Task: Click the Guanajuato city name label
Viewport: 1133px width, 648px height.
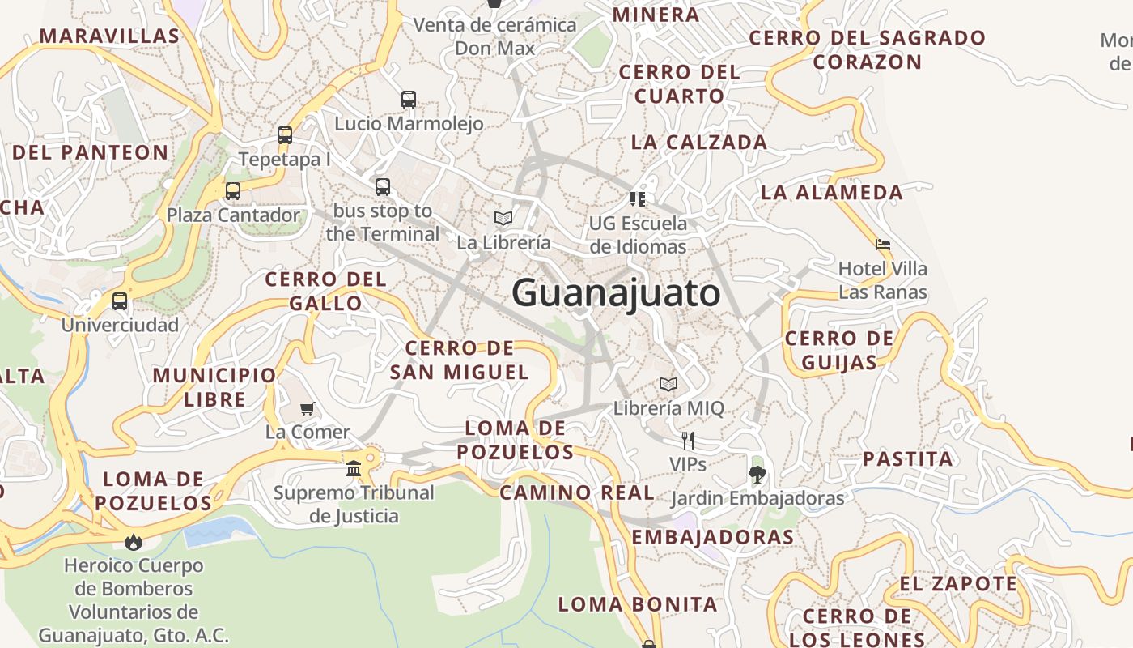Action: (x=616, y=292)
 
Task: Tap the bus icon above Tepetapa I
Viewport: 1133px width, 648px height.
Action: (x=284, y=135)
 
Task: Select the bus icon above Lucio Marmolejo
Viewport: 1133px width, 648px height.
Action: (x=409, y=100)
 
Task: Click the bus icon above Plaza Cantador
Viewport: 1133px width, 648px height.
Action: (x=233, y=191)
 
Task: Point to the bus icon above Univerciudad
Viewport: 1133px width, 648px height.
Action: (x=120, y=301)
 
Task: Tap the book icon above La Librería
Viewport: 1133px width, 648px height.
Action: (x=503, y=218)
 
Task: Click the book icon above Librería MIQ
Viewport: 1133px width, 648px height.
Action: (x=668, y=384)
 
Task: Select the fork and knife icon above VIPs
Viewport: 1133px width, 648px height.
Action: (x=688, y=440)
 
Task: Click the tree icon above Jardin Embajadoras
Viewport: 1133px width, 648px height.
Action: (x=757, y=474)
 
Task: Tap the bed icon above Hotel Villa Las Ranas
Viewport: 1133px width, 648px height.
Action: (x=883, y=244)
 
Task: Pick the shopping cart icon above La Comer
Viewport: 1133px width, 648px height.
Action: (x=307, y=408)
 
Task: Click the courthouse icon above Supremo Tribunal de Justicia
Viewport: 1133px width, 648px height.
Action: (x=354, y=468)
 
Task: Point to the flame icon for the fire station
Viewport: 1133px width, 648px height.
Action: (x=134, y=540)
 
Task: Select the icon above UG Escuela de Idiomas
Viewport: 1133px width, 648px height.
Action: (x=638, y=198)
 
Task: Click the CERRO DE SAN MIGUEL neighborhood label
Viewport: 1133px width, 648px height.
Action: (x=459, y=360)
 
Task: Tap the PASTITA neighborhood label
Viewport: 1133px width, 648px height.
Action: (x=907, y=459)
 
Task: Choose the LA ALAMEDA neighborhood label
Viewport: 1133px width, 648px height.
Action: (x=831, y=192)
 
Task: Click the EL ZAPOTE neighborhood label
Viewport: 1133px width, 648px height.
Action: (x=958, y=583)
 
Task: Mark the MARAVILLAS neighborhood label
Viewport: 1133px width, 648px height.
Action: (x=109, y=36)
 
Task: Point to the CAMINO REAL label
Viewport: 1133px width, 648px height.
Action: (x=577, y=492)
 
